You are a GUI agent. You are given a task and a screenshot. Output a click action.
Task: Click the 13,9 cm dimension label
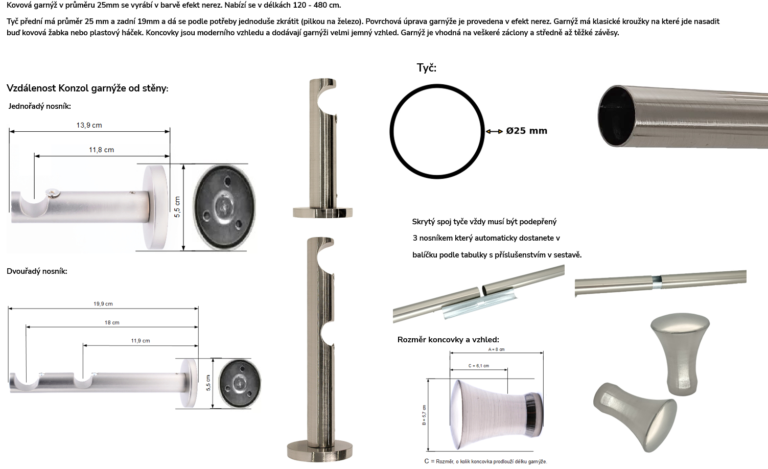click(x=89, y=125)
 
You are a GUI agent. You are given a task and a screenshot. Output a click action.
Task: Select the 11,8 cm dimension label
click(x=102, y=150)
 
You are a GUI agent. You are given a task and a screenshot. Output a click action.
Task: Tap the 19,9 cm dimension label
click(x=103, y=304)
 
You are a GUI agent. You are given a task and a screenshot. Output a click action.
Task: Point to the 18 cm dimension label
click(x=112, y=322)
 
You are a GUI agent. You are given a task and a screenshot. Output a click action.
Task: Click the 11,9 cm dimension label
click(x=141, y=341)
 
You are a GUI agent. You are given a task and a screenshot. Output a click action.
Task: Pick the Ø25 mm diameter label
click(x=527, y=131)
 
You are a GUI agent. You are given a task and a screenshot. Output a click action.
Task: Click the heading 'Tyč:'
click(x=427, y=68)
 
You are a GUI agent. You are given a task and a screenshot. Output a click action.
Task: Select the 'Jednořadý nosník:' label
click(x=39, y=106)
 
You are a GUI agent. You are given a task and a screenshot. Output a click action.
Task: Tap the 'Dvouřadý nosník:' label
click(x=37, y=271)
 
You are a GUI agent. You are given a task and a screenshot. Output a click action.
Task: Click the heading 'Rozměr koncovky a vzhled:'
click(x=448, y=340)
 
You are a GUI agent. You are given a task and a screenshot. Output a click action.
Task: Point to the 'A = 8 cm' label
click(x=497, y=349)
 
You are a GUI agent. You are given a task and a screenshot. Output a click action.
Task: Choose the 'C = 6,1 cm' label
click(x=479, y=366)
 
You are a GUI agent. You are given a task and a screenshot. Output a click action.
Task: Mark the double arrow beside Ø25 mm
click(x=494, y=131)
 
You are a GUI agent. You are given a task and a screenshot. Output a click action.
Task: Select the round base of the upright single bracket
click(x=322, y=212)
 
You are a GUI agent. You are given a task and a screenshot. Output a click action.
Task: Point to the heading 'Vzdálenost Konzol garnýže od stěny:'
click(x=87, y=88)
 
